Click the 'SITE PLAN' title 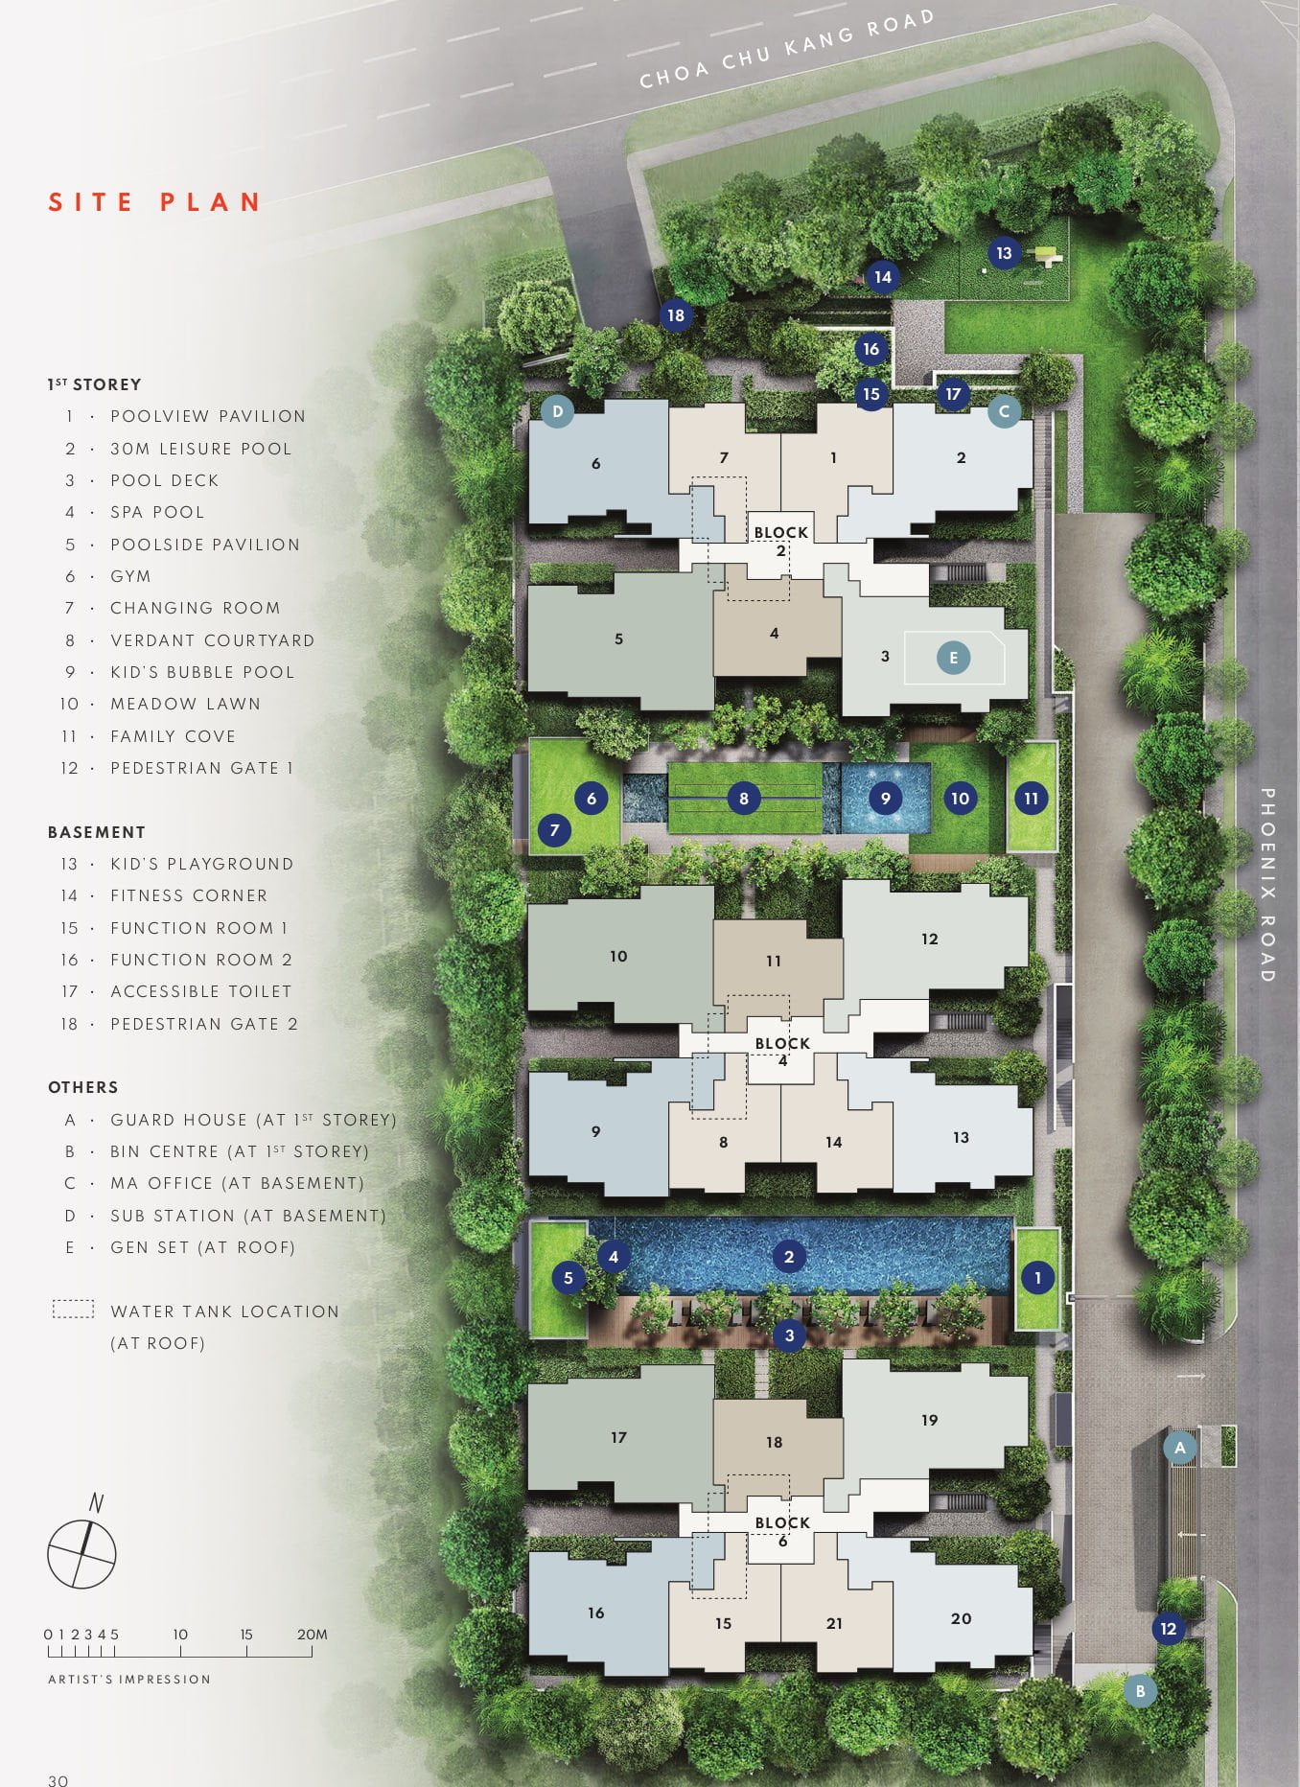click(x=154, y=202)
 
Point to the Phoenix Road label click(x=1266, y=885)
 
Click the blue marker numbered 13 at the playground click(x=1004, y=253)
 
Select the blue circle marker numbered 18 click(x=676, y=314)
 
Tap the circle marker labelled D click(x=557, y=412)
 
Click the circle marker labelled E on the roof click(x=953, y=658)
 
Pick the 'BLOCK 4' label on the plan click(x=782, y=1051)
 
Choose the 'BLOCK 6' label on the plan click(x=782, y=1531)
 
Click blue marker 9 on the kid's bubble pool click(x=885, y=798)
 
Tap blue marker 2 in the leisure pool click(x=789, y=1257)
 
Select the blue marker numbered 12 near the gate click(x=1168, y=1628)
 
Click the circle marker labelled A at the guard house click(x=1180, y=1448)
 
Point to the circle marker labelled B click(x=1140, y=1691)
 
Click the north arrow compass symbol click(x=82, y=1543)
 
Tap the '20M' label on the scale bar click(x=313, y=1635)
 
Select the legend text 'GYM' click(x=130, y=576)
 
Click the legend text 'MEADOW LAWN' click(x=185, y=704)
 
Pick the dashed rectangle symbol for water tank click(x=73, y=1309)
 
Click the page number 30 click(x=58, y=1780)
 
